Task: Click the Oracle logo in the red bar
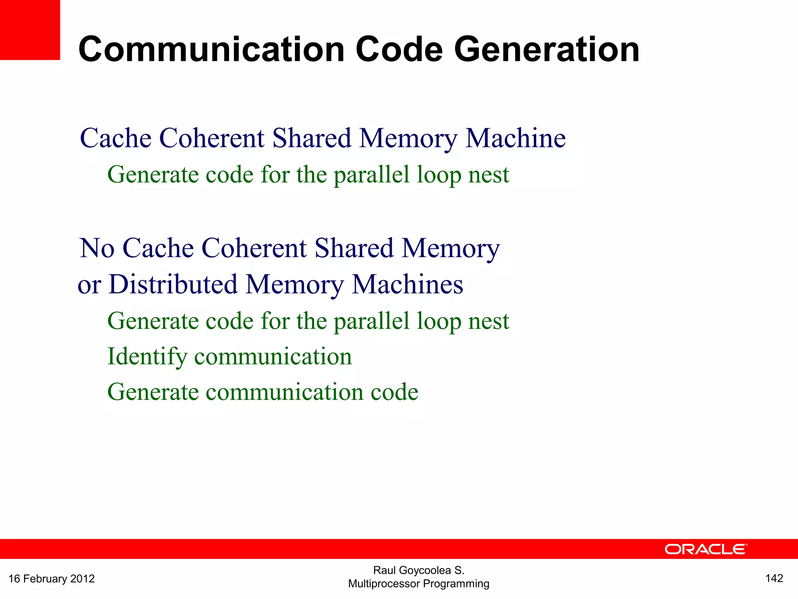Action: coord(705,549)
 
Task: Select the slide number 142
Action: coord(774,578)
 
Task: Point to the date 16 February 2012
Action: coord(51,578)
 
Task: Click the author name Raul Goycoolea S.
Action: coord(418,570)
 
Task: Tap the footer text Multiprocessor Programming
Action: coord(418,584)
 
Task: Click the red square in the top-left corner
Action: coord(30,30)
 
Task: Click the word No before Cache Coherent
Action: coord(97,248)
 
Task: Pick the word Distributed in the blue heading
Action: coord(173,284)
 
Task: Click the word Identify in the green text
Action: coord(147,356)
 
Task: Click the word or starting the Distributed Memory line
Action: coord(89,285)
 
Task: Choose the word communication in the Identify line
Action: coord(273,356)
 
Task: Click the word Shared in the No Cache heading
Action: coord(354,248)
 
